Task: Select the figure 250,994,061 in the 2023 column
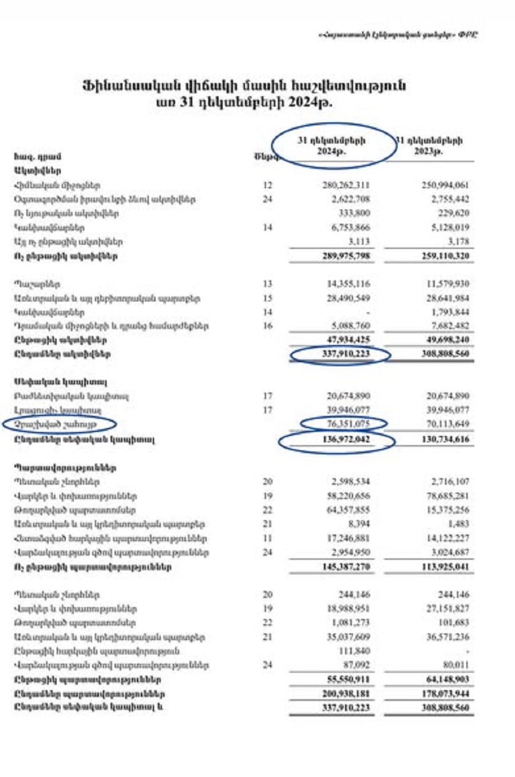point(443,185)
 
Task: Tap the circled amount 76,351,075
point(344,425)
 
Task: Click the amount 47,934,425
point(345,340)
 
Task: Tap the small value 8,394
point(359,524)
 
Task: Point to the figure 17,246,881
point(346,538)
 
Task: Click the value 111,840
point(356,651)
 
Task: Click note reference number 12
point(268,185)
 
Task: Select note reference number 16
point(268,326)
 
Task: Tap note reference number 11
point(268,538)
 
